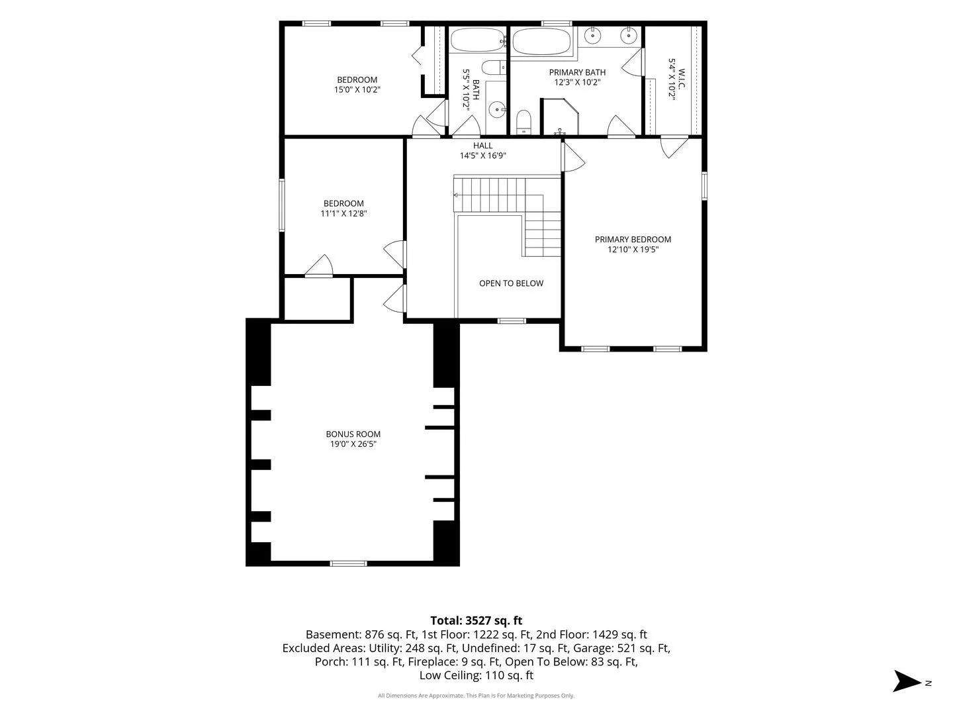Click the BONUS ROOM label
(353, 434)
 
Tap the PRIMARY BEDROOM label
(633, 239)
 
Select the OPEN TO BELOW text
(511, 283)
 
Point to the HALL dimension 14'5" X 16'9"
(483, 156)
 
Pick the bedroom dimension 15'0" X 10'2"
(357, 89)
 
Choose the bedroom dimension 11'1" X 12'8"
(343, 213)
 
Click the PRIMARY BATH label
(577, 72)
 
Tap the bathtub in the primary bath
(541, 41)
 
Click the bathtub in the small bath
(478, 40)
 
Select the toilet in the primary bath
(523, 122)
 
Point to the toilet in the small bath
(494, 68)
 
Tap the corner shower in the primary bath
(560, 117)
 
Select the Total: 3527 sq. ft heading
(476, 620)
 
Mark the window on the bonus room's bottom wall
(348, 563)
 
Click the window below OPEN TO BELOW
(512, 321)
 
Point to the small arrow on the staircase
(456, 195)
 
